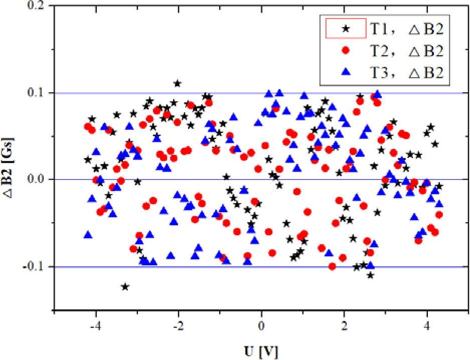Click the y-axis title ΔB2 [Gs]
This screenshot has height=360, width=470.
(11, 156)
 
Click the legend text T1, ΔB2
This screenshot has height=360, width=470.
(407, 30)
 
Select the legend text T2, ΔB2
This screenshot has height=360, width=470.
(407, 51)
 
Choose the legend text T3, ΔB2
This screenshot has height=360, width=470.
(407, 72)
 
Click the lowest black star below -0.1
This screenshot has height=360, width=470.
(125, 287)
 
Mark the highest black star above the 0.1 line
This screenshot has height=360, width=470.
(177, 83)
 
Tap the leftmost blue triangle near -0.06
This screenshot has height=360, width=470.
(88, 235)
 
